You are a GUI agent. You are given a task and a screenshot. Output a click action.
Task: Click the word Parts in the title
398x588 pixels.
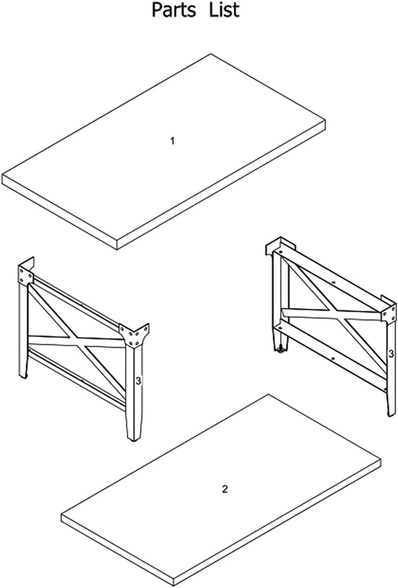174,10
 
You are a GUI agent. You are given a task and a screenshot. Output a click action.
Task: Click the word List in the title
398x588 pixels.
224,10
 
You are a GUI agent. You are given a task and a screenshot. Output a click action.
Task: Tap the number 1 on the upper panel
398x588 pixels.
172,141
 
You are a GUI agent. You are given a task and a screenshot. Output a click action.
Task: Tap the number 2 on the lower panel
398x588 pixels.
225,489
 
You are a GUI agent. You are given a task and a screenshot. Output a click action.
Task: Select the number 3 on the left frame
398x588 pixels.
138,381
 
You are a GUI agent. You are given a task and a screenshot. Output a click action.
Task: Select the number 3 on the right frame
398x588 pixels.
391,353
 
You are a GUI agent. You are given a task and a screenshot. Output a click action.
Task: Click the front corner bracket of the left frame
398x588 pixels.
135,335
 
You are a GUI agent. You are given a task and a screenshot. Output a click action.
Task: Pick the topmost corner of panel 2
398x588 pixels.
268,395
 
